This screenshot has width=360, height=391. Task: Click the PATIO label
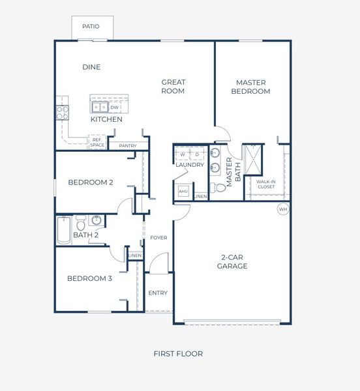click(91, 27)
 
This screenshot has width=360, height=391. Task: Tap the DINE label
click(91, 67)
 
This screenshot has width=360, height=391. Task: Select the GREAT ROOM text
click(173, 87)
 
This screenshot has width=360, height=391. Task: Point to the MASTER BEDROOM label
click(252, 87)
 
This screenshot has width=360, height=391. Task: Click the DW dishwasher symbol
click(115, 108)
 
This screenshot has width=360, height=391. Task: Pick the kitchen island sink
click(100, 108)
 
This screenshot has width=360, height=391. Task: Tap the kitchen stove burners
click(63, 110)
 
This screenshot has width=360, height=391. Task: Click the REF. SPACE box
click(97, 142)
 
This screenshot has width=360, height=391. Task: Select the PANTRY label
click(128, 146)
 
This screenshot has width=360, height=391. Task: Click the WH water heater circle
click(282, 209)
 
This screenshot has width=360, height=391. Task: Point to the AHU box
click(183, 192)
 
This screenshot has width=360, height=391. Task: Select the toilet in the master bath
click(220, 187)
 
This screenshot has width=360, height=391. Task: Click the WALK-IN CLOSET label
click(265, 184)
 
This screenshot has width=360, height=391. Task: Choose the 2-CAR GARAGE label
click(232, 262)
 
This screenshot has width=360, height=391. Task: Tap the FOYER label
click(158, 238)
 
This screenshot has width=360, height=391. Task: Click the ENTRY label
click(158, 293)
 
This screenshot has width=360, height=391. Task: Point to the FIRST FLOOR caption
click(178, 354)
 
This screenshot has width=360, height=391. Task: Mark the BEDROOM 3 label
click(90, 279)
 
